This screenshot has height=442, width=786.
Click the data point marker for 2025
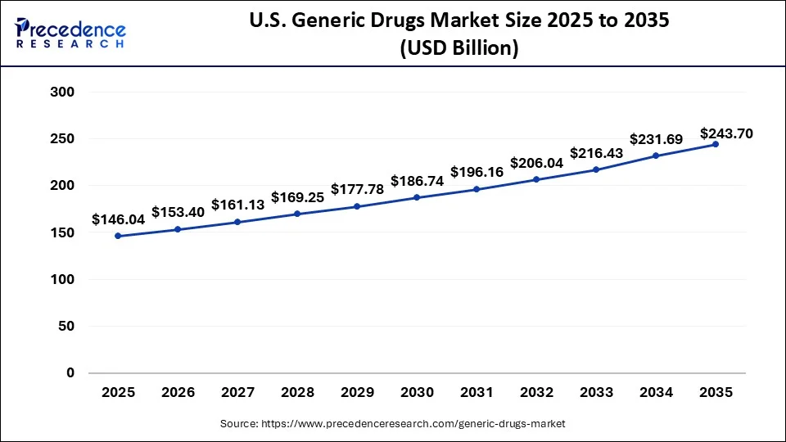(119, 236)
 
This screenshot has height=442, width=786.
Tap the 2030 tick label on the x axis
(417, 393)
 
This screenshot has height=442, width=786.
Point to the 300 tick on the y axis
(63, 92)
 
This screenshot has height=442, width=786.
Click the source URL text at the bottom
(392, 424)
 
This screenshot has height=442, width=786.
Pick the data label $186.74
(417, 181)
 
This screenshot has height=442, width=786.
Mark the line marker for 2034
(656, 156)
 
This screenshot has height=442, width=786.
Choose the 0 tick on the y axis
(70, 372)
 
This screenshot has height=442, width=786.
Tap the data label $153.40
(178, 212)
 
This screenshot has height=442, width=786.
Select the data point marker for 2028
(297, 214)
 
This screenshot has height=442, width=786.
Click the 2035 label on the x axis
(716, 393)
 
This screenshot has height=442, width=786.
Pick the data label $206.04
(536, 163)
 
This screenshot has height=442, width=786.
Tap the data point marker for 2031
(477, 189)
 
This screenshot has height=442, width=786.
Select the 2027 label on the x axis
(238, 393)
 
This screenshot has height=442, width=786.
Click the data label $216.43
(596, 153)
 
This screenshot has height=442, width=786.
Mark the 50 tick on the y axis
(66, 326)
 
